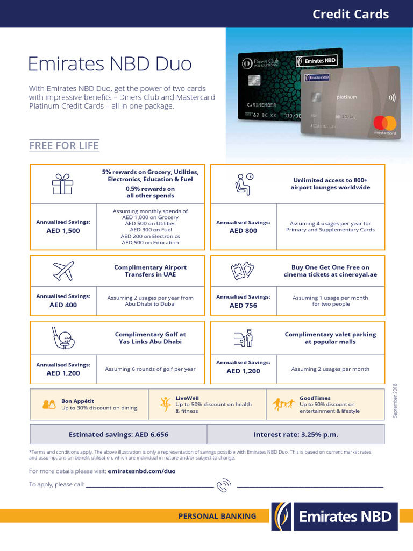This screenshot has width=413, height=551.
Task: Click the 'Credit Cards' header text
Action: coord(351,15)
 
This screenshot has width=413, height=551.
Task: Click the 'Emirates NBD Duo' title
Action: coord(110,64)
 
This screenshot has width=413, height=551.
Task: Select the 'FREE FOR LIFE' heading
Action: coord(64,146)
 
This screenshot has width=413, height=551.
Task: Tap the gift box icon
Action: coord(62,184)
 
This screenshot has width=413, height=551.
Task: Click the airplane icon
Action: coord(63,271)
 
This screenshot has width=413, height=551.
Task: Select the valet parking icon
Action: coord(243,338)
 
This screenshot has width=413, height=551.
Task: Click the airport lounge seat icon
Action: coord(243,183)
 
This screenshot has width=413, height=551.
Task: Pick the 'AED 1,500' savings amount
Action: coord(63,230)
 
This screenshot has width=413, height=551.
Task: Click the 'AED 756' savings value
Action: coord(243,305)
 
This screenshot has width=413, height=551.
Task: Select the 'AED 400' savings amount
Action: coord(63,305)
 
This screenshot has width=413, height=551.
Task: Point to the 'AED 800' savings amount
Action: coord(243,230)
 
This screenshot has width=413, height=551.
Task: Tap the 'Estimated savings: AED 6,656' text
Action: coord(118,434)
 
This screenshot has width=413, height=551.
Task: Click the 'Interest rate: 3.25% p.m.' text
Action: coord(296,434)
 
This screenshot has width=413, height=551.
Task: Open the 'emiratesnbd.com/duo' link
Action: coord(141,471)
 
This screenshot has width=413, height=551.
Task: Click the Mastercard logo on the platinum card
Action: coord(384,122)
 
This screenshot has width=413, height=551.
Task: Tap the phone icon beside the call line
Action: coord(223,485)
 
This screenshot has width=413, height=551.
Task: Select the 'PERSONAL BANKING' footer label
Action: coord(217,516)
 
